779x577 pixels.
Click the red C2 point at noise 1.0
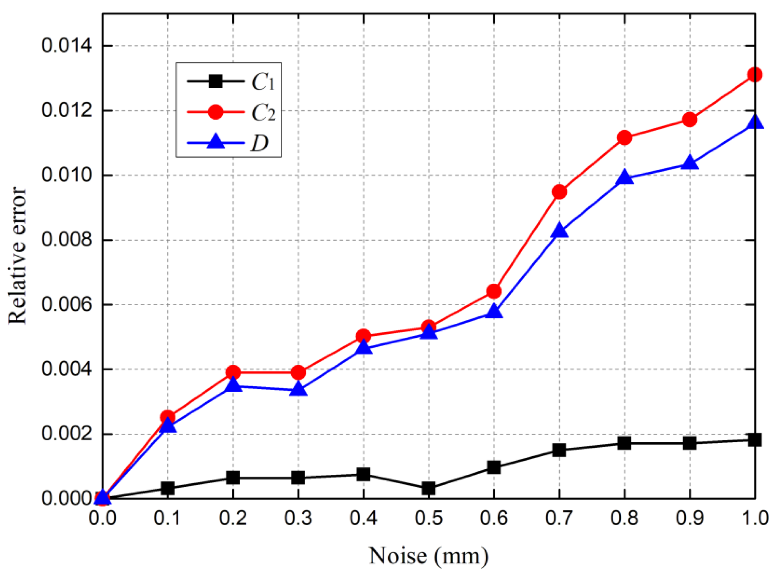coord(754,75)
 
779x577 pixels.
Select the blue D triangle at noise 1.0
coord(754,122)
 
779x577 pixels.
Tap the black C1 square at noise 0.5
coord(428,488)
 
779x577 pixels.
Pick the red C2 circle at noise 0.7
coord(559,191)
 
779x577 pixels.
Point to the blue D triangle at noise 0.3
coord(298,389)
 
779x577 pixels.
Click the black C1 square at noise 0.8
coord(624,443)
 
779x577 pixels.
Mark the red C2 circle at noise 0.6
coord(494,291)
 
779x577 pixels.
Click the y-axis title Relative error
coord(17,256)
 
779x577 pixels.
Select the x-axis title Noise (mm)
coord(428,556)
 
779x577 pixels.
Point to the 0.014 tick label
coord(66,46)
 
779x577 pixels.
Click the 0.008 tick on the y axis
coord(66,240)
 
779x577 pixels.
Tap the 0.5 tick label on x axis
coord(428,518)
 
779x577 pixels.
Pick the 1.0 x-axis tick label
coord(755,518)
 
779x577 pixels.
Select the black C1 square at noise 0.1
coord(168,488)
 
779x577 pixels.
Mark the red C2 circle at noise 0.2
coord(233,372)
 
